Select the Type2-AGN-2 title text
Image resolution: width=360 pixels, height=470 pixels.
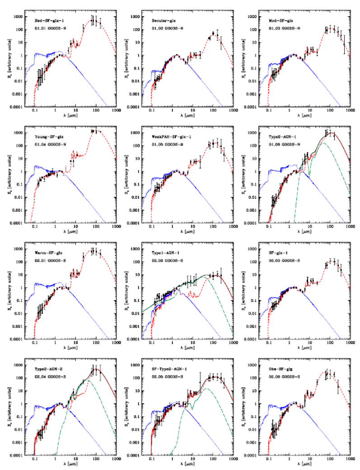point(50,369)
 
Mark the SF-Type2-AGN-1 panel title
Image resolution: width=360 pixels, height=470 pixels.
point(168,369)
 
